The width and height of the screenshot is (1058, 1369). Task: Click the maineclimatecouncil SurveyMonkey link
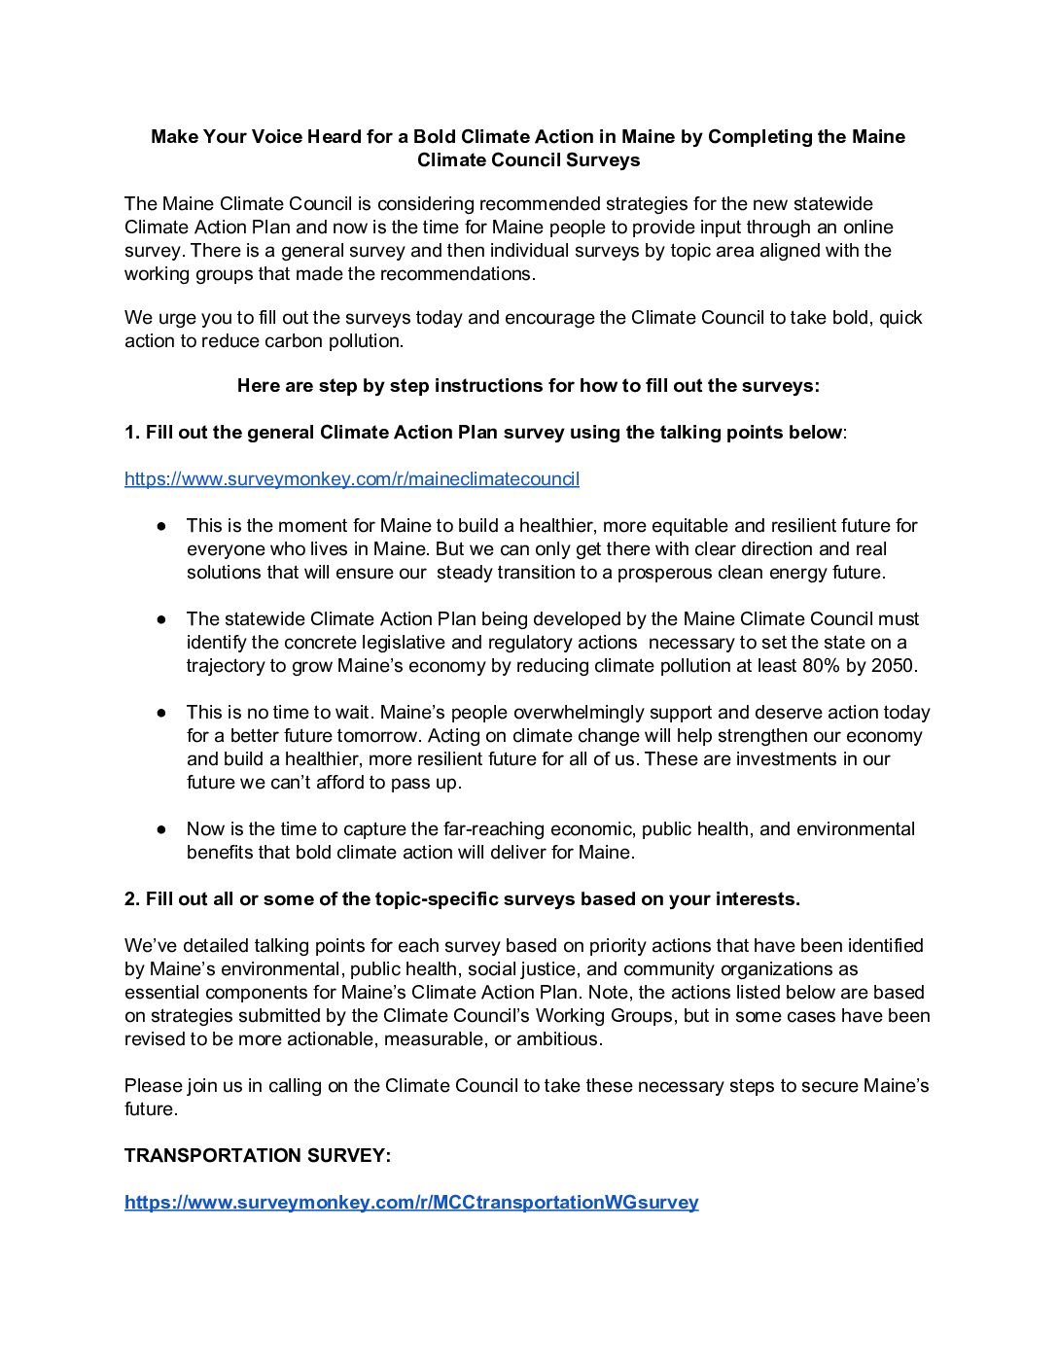[x=352, y=479]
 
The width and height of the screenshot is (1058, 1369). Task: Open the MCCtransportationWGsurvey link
[x=411, y=1203]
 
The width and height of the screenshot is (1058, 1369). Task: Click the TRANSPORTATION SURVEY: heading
[x=258, y=1156]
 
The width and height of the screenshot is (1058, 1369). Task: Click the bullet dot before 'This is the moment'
[x=161, y=526]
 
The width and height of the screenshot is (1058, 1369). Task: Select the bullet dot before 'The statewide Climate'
[x=161, y=619]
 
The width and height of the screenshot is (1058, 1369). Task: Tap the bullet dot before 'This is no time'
[x=161, y=713]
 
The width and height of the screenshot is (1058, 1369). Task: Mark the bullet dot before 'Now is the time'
[x=161, y=829]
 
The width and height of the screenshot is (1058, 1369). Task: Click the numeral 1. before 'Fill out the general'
[x=132, y=433]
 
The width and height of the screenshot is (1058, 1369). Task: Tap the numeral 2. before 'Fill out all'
[x=132, y=899]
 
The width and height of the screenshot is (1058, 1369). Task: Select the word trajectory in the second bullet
[x=224, y=666]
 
